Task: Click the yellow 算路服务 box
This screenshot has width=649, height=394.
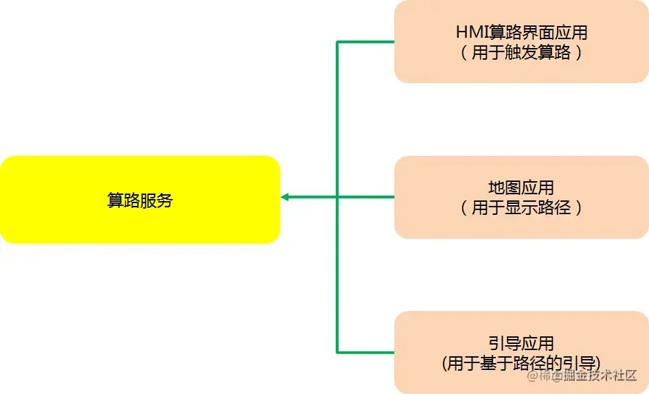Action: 140,226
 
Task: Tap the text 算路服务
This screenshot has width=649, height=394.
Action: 140,200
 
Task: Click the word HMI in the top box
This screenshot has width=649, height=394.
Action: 472,32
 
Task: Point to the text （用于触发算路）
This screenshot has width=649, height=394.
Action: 521,53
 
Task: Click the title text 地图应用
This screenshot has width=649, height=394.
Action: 521,187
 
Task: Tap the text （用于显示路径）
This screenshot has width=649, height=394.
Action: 521,208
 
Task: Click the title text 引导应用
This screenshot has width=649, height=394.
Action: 521,343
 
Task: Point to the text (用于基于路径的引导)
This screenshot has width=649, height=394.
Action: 521,363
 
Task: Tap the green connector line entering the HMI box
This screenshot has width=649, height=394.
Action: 365,41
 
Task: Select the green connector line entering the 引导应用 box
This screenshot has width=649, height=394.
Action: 365,353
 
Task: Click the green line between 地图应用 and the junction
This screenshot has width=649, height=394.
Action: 365,197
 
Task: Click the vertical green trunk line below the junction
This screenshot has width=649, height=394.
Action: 337,275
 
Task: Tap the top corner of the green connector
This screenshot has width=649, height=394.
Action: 337,41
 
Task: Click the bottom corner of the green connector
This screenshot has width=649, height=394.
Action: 337,353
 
